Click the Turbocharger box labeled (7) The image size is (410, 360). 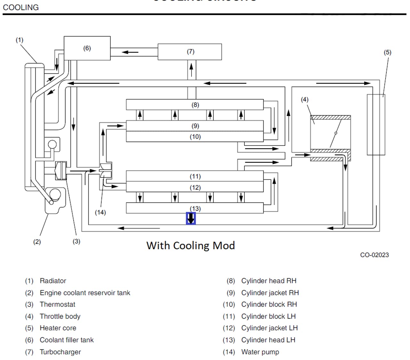[190, 52]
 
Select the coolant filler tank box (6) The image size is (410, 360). [87, 48]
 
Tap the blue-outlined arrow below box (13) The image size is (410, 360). [191, 218]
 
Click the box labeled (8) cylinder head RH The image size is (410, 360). [195, 105]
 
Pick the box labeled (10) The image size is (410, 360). [195, 137]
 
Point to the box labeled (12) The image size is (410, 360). [195, 187]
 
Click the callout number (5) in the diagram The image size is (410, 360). [387, 53]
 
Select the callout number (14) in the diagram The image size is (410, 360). [100, 212]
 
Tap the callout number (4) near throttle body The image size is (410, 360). [304, 100]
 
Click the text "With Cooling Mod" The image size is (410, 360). [191, 246]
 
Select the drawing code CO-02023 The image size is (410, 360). [374, 255]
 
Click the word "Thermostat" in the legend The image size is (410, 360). [57, 304]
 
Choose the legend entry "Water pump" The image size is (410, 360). [260, 352]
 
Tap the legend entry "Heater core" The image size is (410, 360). [58, 328]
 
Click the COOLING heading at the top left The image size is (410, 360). [21, 7]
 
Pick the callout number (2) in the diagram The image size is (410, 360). [37, 242]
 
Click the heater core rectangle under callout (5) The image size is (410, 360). [376, 125]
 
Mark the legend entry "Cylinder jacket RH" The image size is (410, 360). [270, 293]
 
